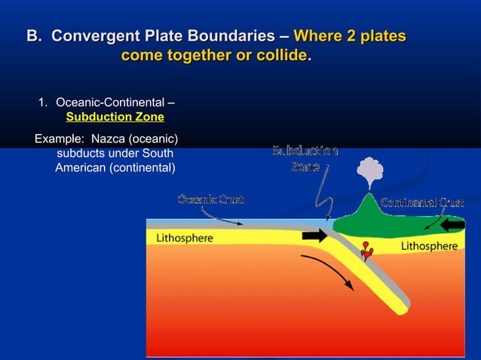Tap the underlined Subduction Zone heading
pos(115,117)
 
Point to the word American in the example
pos(81,166)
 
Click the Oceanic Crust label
pos(210,199)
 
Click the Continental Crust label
pos(421,202)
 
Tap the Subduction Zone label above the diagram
pos(305,159)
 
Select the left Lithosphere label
pos(184,238)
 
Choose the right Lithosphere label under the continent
pos(428,246)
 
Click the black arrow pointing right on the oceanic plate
pos(314,236)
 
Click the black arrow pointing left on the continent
pos(452,224)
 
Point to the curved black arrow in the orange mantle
pos(329,272)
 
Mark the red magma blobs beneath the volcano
pos(367,250)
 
